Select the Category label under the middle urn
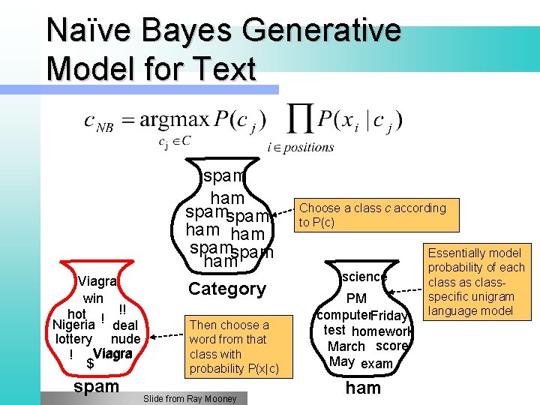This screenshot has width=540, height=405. coord(227,289)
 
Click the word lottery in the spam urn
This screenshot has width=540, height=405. coord(73,339)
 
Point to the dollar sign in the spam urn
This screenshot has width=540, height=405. coord(90,364)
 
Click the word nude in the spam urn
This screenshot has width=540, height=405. coord(125,339)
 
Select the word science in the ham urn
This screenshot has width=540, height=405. coord(364,277)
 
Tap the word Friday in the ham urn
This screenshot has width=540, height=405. coord(388,316)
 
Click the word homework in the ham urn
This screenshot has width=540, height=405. coord(382,331)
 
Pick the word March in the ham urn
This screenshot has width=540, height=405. coord(346,346)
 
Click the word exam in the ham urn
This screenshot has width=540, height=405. coord(376,364)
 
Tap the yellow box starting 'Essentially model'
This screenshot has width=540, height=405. coord(475,282)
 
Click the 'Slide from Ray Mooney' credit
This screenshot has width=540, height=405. coord(190,399)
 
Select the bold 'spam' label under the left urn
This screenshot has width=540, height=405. coord(97,387)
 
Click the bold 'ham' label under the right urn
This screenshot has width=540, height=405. coord(363,388)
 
